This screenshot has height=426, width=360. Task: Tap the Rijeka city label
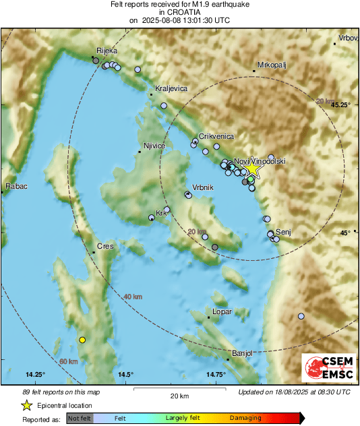(x=107, y=51)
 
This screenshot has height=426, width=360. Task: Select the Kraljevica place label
(x=169, y=88)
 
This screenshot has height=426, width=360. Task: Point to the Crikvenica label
(x=216, y=135)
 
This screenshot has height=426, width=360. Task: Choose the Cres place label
(x=104, y=246)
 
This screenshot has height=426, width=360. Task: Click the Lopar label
(x=222, y=312)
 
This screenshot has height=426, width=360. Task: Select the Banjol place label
(x=241, y=353)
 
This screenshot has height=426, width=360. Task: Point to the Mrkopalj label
(x=272, y=65)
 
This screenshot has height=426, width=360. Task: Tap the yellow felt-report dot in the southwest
(x=82, y=340)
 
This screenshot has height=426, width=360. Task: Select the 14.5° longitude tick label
(x=125, y=374)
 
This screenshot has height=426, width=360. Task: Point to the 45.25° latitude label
(x=342, y=105)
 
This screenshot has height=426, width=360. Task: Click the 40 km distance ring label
(x=133, y=297)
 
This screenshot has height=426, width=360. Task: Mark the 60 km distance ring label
(x=68, y=362)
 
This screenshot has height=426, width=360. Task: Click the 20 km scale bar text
(x=179, y=396)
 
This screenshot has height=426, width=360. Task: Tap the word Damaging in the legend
(x=245, y=418)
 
